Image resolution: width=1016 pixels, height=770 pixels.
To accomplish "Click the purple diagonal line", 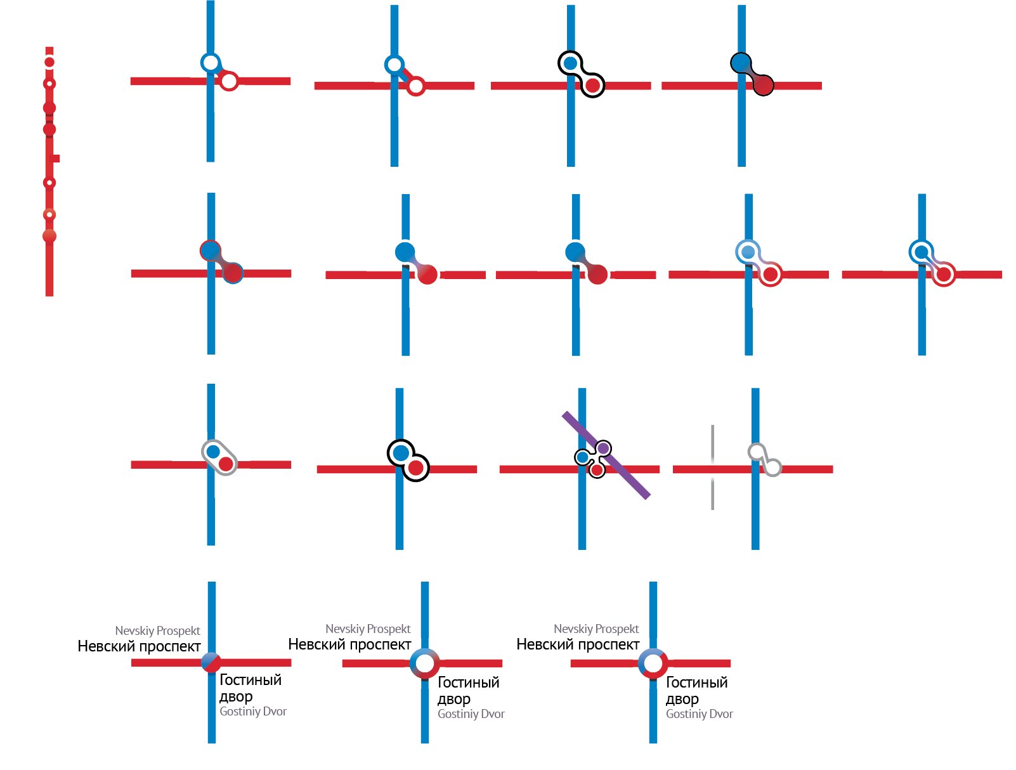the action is pyautogui.click(x=606, y=455).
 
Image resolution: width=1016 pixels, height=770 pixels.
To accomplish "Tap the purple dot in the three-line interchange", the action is pyautogui.click(x=603, y=448).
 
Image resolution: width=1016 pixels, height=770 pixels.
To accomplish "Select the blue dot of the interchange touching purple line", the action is pyautogui.click(x=582, y=457).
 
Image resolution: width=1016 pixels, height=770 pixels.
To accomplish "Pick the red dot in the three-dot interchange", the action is pyautogui.click(x=597, y=470).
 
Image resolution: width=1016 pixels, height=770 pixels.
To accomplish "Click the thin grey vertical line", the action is pyautogui.click(x=712, y=467).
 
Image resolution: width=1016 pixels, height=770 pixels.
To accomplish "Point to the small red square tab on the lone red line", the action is pyautogui.click(x=56, y=159).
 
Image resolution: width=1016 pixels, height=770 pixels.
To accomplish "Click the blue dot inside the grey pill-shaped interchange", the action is pyautogui.click(x=213, y=452).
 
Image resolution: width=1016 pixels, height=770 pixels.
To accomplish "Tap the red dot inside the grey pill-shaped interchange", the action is pyautogui.click(x=226, y=464).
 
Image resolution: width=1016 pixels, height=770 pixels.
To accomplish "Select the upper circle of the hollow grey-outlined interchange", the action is pyautogui.click(x=757, y=452).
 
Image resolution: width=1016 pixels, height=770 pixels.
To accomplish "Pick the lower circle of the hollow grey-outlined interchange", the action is pyautogui.click(x=772, y=467).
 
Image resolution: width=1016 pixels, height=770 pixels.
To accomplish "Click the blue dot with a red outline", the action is pyautogui.click(x=211, y=251).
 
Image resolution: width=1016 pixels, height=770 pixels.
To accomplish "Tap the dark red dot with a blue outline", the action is pyautogui.click(x=232, y=273).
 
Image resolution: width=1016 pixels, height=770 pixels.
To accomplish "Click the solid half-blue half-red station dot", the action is pyautogui.click(x=211, y=662).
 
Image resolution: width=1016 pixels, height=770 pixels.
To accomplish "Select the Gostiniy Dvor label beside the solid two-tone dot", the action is pyautogui.click(x=252, y=711).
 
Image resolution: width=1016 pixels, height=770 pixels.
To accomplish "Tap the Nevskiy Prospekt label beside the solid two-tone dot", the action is pyautogui.click(x=157, y=630).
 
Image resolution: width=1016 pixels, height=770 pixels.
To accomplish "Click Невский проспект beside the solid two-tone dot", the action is pyautogui.click(x=139, y=646).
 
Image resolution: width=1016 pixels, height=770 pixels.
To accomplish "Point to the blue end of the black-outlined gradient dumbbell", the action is pyautogui.click(x=741, y=62).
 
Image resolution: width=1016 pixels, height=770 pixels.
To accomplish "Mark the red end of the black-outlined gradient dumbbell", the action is pyautogui.click(x=764, y=85).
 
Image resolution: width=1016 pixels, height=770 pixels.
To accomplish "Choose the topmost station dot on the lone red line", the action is pyautogui.click(x=49, y=62).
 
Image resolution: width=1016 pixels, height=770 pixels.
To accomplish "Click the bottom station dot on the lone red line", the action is pyautogui.click(x=49, y=236).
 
